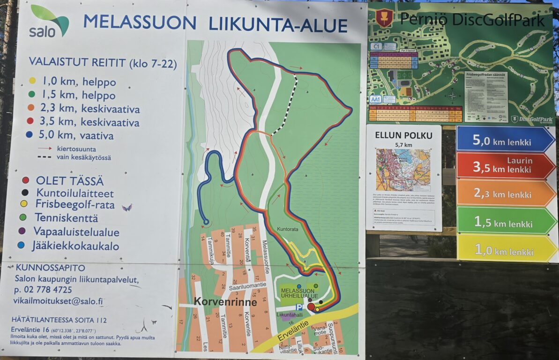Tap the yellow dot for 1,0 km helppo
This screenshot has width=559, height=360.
pyautogui.click(x=32, y=81)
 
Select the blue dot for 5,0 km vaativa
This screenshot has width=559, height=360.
pyautogui.click(x=30, y=135)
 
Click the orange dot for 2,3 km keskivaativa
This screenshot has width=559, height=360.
pyautogui.click(x=31, y=108)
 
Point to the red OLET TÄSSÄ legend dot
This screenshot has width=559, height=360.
pyautogui.click(x=25, y=180)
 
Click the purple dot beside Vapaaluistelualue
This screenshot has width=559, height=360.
pyautogui.click(x=22, y=231)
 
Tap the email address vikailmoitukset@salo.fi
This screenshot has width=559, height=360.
pyautogui.click(x=59, y=301)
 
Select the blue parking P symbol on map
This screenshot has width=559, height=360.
pyautogui.click(x=285, y=308)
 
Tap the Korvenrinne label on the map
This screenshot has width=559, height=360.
pyautogui.click(x=226, y=302)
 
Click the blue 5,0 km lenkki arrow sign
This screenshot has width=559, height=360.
pyautogui.click(x=505, y=139)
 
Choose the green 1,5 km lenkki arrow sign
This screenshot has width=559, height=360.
pyautogui.click(x=505, y=221)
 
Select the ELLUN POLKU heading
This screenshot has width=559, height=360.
pyautogui.click(x=402, y=135)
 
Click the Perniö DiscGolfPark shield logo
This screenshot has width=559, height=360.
pyautogui.click(x=384, y=18)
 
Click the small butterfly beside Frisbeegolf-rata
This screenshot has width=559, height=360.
pyautogui.click(x=127, y=207)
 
